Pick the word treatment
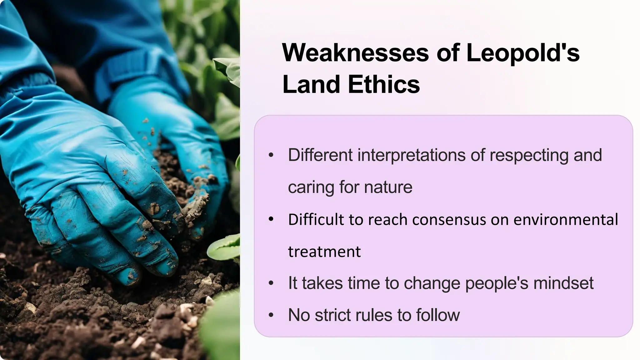click(324, 252)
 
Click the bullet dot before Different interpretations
click(271, 155)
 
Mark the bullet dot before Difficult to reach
click(271, 219)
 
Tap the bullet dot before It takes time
click(271, 283)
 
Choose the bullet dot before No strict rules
click(271, 315)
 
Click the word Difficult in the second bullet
click(316, 219)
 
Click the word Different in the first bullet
click(320, 155)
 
